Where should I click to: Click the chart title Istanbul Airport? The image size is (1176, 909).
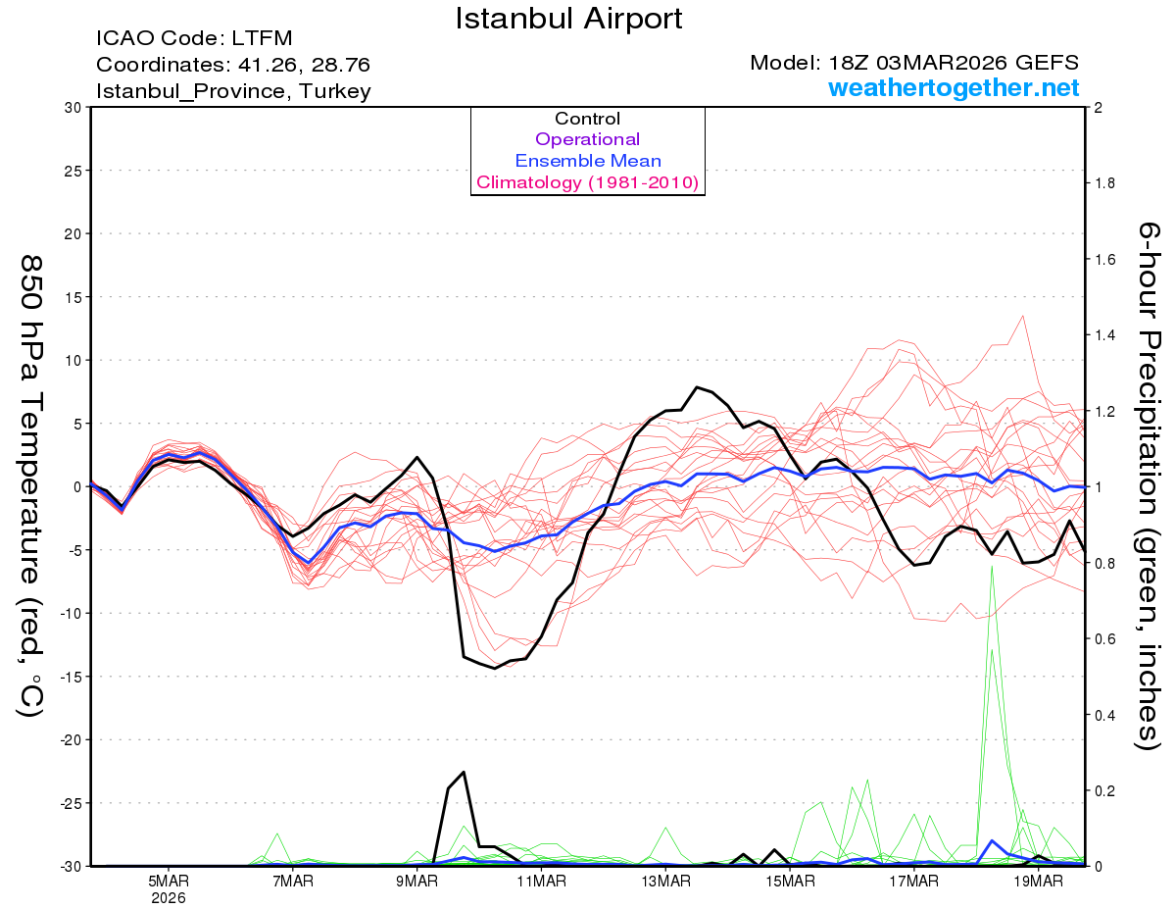(x=568, y=19)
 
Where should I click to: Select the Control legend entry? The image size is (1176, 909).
(x=587, y=119)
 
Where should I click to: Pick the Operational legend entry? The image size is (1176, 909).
(x=587, y=139)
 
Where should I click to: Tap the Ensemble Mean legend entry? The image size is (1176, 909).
(x=587, y=161)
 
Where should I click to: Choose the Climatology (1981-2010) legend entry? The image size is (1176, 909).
(x=587, y=182)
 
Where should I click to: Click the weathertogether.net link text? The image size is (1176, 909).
(x=954, y=88)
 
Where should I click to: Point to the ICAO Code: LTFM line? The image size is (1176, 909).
(x=194, y=39)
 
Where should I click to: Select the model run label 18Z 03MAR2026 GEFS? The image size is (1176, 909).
(x=914, y=63)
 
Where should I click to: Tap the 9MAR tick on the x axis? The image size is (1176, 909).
(x=417, y=880)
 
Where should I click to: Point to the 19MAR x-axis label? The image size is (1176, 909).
(x=1038, y=880)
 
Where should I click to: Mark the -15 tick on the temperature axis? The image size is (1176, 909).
(x=71, y=677)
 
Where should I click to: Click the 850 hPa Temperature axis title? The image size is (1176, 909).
(x=31, y=485)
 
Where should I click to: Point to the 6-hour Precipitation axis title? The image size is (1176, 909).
(x=1149, y=485)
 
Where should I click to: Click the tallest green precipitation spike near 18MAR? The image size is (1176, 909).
(x=992, y=567)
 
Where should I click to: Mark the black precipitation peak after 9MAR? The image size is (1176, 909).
(x=464, y=773)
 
